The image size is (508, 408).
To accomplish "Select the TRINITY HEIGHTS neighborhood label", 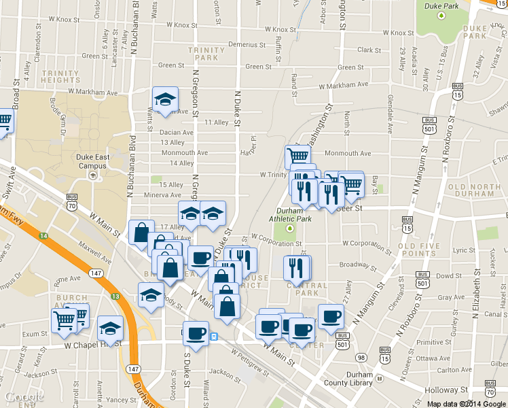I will coord(61,76).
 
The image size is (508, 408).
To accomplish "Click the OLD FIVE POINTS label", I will coord(418,250).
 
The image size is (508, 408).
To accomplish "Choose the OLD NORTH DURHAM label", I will coord(475,191).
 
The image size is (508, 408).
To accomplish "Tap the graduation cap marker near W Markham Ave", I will coord(164,101).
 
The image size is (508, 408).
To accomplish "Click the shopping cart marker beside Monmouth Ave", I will coord(297,156).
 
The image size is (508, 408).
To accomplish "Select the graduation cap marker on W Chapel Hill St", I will coord(110,329).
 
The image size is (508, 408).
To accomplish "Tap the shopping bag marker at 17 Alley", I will coord(141,231).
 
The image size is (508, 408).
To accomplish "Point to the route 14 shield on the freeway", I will coord(44,235).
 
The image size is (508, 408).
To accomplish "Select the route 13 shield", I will coord(115,296).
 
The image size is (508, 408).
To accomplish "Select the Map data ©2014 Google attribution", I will coord(466,404).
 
